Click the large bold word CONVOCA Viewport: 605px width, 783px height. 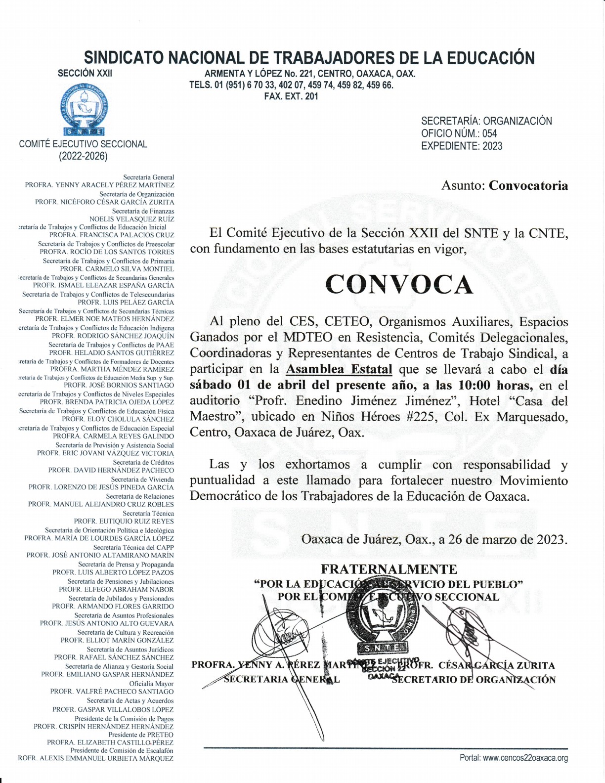point(399,285)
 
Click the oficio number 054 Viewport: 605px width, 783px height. point(490,133)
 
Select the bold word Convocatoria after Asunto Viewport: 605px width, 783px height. point(528,186)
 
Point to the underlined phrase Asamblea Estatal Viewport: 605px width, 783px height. point(339,370)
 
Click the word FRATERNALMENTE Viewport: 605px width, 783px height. point(389,569)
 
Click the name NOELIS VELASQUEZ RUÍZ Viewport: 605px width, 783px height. point(131,219)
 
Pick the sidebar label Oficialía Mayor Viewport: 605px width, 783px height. point(151,684)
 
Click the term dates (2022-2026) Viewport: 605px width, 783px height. point(83,157)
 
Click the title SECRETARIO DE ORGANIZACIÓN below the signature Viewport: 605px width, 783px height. point(474,680)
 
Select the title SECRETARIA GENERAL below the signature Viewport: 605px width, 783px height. point(282,679)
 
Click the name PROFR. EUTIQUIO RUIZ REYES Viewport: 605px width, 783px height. point(124,521)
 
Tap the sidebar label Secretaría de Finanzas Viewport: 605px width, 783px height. point(143,211)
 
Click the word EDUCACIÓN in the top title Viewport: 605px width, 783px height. point(491,58)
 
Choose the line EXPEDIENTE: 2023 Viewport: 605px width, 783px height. point(462,146)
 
